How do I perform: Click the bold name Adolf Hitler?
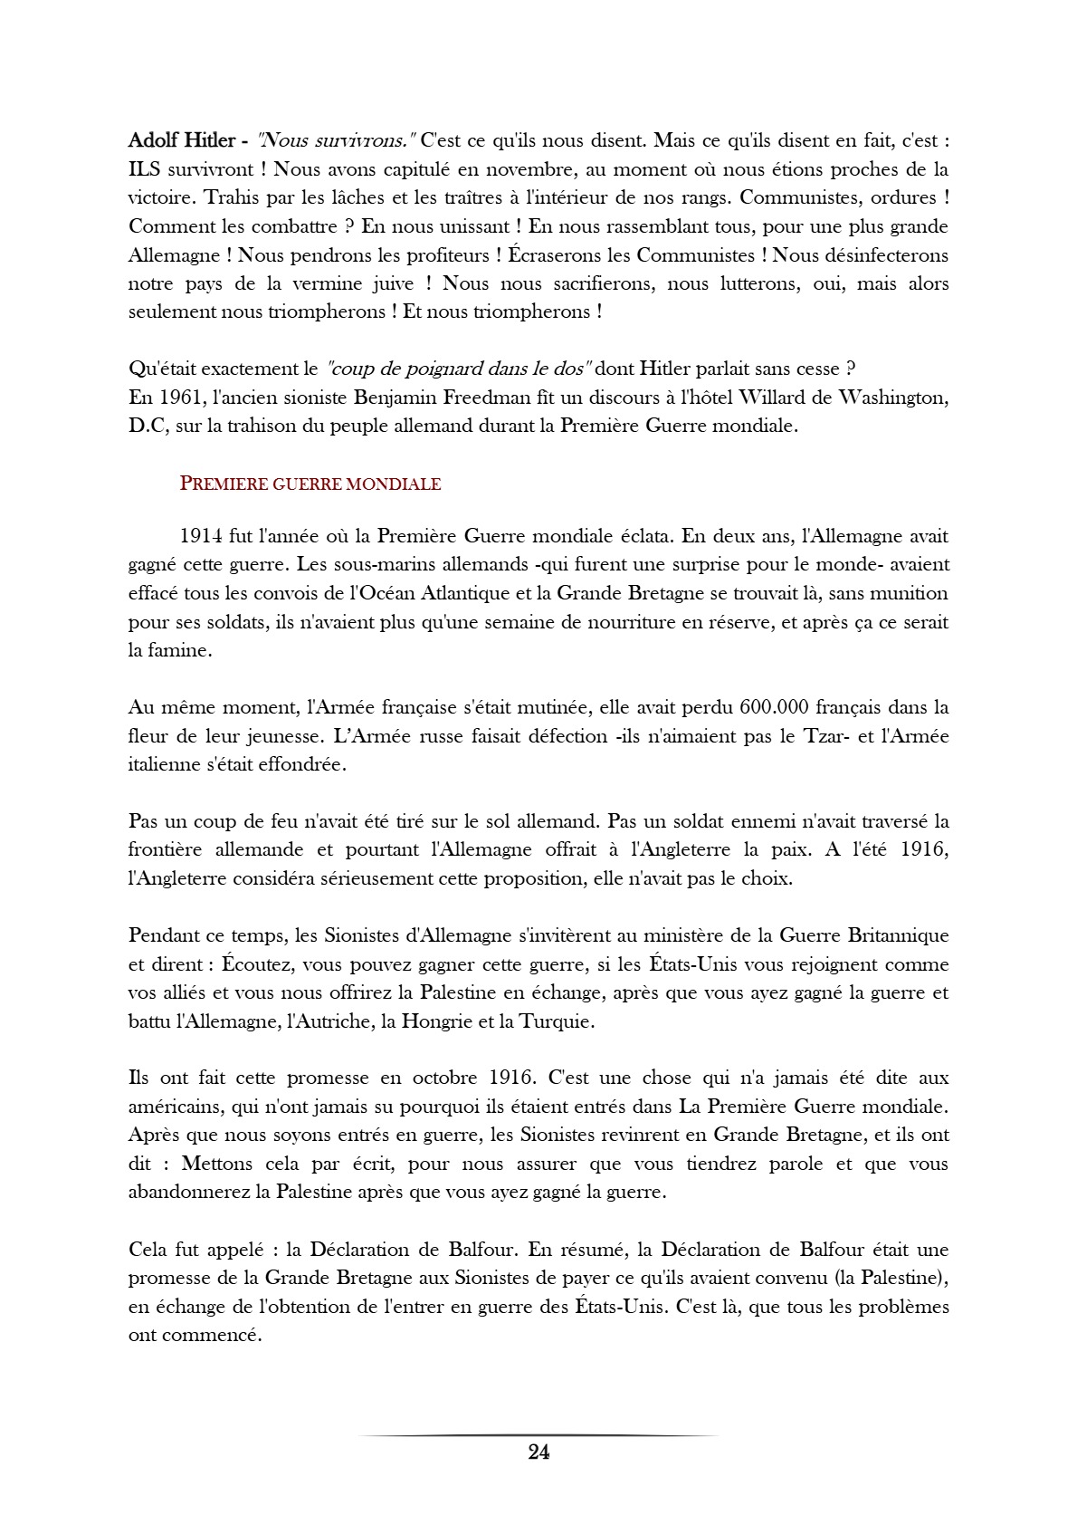pyautogui.click(x=182, y=140)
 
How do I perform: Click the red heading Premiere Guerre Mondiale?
pyautogui.click(x=310, y=484)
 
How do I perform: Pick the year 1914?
pyautogui.click(x=200, y=535)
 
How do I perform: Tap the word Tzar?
pyautogui.click(x=824, y=735)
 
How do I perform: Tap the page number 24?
pyautogui.click(x=538, y=1452)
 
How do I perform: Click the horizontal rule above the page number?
pyautogui.click(x=538, y=1435)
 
